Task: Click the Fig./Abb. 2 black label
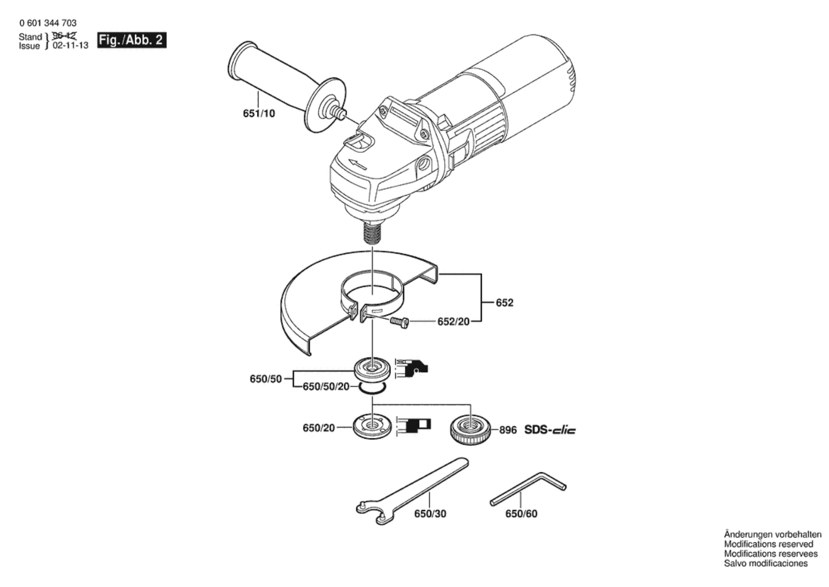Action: coord(132,40)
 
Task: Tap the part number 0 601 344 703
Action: coord(48,23)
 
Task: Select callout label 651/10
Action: coord(259,114)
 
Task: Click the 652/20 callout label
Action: coord(453,322)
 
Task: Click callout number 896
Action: coord(508,430)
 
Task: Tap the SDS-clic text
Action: coord(550,430)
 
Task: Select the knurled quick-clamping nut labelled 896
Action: coord(470,430)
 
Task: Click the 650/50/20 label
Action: coord(326,386)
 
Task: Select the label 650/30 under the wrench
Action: coord(430,514)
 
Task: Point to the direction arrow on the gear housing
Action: coord(357,163)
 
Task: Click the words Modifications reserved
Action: coord(768,544)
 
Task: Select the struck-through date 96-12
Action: coord(64,36)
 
